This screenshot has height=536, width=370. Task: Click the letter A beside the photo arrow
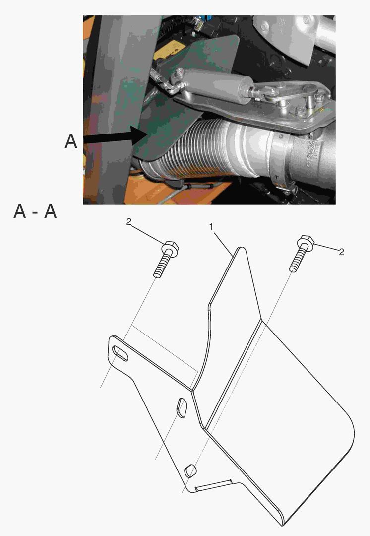tap(71, 142)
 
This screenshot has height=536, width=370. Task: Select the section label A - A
tap(35, 212)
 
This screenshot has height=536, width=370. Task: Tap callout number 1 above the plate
tap(212, 226)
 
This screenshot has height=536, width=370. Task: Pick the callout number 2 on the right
tap(341, 252)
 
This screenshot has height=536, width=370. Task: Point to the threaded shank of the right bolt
tap(297, 261)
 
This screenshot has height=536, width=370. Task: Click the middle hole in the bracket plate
tap(181, 408)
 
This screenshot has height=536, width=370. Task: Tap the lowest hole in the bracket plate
tap(189, 470)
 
